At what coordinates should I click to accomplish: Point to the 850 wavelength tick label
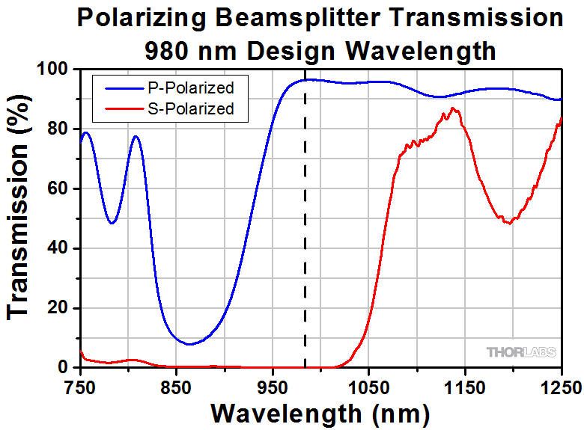pos(176,386)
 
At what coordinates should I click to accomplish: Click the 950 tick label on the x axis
pos(273,386)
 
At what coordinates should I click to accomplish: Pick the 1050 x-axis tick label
pos(368,386)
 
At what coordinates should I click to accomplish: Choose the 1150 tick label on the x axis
pos(465,386)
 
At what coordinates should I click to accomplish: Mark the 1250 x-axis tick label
pos(560,386)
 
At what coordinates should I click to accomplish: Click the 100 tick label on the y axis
pos(53,70)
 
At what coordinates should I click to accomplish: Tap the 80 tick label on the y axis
pos(58,129)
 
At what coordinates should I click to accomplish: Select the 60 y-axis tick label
pos(58,189)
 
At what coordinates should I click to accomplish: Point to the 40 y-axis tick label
pos(58,248)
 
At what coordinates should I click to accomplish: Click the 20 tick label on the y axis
pos(58,308)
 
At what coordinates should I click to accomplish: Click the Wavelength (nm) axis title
pos(320,412)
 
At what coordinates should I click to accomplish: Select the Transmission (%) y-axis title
pos(20,218)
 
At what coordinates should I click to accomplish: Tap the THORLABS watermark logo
pos(521,351)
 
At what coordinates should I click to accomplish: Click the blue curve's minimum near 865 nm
pos(190,344)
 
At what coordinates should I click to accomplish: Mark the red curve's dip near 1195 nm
pos(509,223)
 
